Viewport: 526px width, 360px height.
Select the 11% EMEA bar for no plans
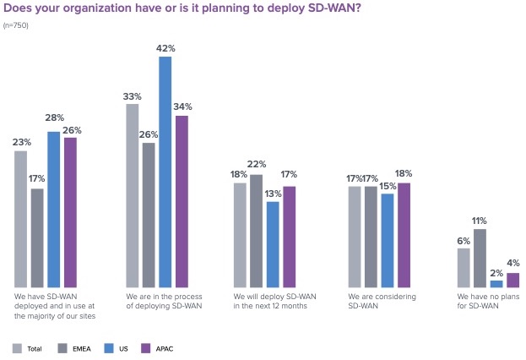pyautogui.click(x=480, y=259)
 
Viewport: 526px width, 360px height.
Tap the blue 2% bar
pyautogui.click(x=496, y=284)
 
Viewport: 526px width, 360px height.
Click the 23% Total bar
pyautogui.click(x=20, y=219)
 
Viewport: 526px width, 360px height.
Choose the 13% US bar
pyautogui.click(x=273, y=244)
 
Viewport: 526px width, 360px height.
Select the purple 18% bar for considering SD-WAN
pyautogui.click(x=404, y=235)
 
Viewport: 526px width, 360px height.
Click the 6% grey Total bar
pyautogui.click(x=464, y=268)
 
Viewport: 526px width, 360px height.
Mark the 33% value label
pyautogui.click(x=133, y=95)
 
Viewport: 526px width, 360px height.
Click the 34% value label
pyautogui.click(x=182, y=106)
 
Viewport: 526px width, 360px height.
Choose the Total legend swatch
pyautogui.click(x=18, y=347)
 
